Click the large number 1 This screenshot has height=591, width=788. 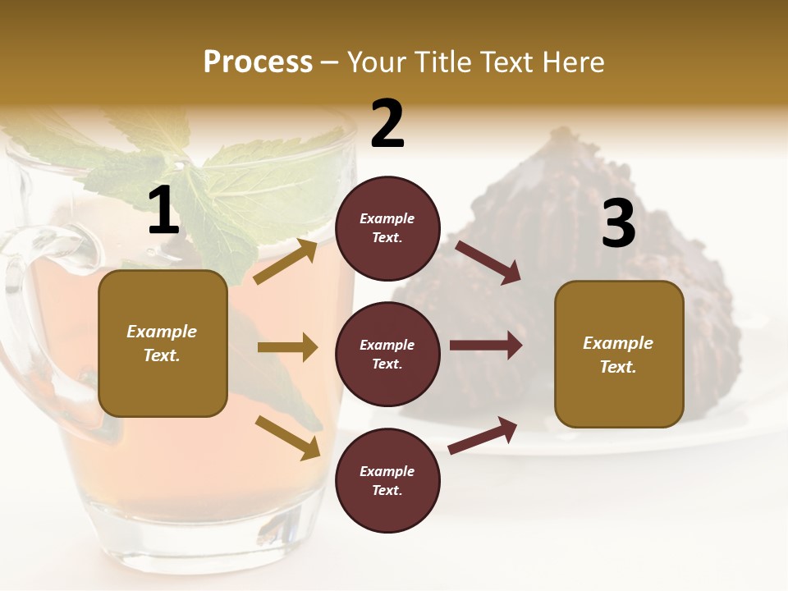click(x=163, y=212)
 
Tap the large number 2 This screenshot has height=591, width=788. click(x=387, y=124)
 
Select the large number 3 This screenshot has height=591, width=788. click(x=618, y=224)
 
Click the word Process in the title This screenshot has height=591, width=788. click(x=258, y=62)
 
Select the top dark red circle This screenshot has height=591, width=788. click(x=387, y=228)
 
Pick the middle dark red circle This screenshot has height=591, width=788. click(x=387, y=355)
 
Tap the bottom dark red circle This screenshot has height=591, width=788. click(x=387, y=481)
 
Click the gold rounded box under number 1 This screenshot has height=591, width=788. click(x=163, y=343)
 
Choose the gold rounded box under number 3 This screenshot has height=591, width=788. click(x=618, y=355)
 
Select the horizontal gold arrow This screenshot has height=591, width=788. click(x=287, y=347)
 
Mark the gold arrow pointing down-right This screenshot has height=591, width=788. click(x=287, y=437)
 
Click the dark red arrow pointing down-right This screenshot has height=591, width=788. click(x=488, y=263)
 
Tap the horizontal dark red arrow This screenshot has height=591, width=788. click(x=486, y=345)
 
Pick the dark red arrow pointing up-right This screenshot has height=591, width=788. click(x=483, y=436)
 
